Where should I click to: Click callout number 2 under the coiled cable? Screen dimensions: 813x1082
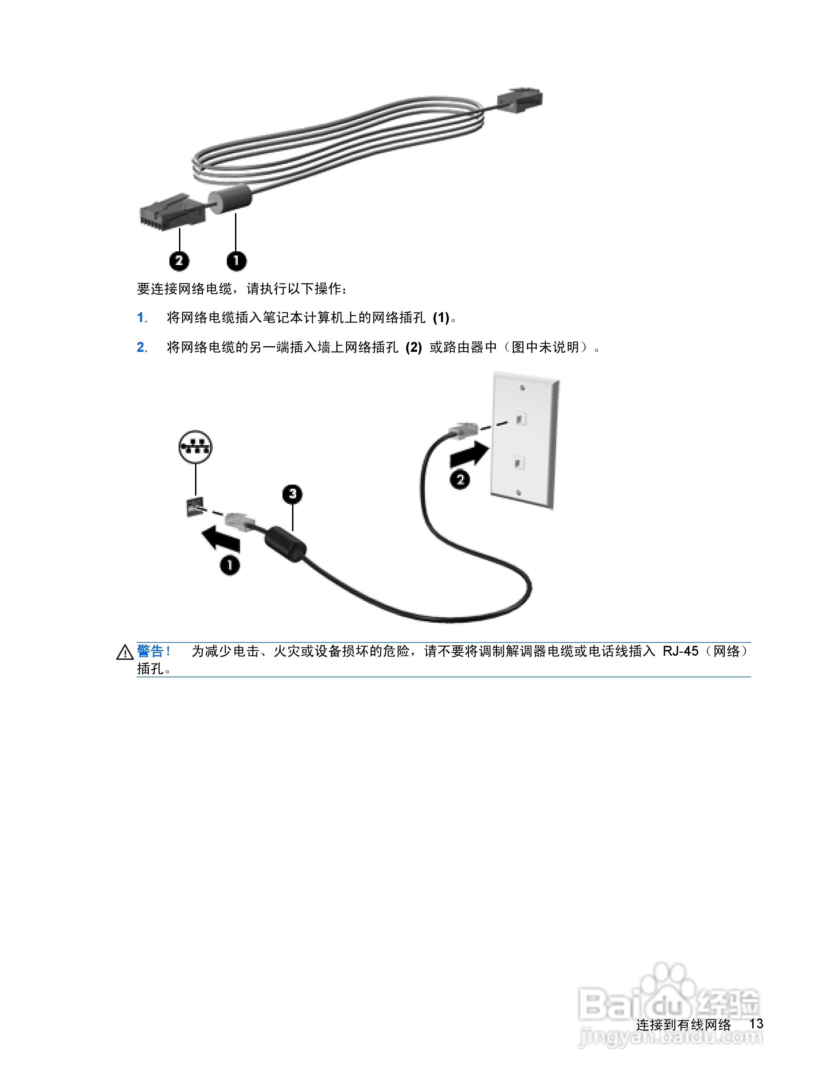tap(179, 261)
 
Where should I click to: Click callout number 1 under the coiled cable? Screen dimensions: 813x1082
tap(236, 261)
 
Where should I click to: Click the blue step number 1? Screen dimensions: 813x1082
tap(142, 318)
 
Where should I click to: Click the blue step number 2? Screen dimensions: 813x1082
tap(142, 347)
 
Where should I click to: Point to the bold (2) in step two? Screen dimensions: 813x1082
tap(413, 347)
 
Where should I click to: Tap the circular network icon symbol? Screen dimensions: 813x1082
tap(195, 447)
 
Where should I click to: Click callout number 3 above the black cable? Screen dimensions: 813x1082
tap(292, 494)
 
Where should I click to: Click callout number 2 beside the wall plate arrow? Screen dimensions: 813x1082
tap(460, 480)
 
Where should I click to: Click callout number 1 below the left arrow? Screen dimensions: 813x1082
tap(230, 565)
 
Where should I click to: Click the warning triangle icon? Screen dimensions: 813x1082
tap(125, 653)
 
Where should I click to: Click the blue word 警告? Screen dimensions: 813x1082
tap(150, 651)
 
